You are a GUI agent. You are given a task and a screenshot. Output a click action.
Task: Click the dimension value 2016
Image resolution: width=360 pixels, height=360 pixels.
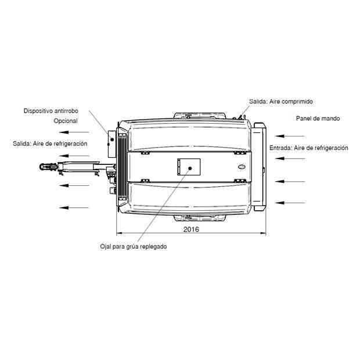point(191,229)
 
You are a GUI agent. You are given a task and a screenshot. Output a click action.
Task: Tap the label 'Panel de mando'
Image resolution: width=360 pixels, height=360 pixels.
point(318,118)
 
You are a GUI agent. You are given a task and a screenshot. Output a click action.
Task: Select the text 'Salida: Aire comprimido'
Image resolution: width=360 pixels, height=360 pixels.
point(281,102)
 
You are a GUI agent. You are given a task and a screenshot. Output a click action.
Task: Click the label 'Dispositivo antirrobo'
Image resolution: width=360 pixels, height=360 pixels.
point(51,111)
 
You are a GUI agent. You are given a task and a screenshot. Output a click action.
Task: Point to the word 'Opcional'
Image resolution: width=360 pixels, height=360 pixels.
point(66,121)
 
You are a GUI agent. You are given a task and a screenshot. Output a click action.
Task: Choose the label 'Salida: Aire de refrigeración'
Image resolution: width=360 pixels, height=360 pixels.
point(50,144)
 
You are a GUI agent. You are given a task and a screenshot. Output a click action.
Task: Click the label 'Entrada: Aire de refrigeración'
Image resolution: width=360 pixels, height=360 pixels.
point(309,148)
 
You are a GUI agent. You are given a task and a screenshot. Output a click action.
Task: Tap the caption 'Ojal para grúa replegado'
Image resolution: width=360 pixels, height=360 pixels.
point(134,247)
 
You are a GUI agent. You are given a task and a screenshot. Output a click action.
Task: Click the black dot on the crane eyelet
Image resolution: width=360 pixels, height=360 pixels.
point(190,168)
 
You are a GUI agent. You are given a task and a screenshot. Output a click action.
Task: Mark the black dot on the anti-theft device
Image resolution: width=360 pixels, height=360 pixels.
point(112,139)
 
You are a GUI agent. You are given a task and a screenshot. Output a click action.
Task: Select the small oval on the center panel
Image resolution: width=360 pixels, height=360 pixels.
point(242,167)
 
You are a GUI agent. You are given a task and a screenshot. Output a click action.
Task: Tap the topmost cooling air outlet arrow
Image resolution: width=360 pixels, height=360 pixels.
point(74,132)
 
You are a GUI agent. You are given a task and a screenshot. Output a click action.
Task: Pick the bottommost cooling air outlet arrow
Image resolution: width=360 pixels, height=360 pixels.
point(74,207)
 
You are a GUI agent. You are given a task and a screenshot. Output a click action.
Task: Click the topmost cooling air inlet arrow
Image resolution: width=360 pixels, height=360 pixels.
point(290,136)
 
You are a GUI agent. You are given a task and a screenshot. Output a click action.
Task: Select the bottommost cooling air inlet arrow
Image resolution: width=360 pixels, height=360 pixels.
point(290,203)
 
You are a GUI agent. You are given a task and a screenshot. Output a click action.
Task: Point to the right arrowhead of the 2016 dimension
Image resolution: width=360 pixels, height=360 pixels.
point(263,233)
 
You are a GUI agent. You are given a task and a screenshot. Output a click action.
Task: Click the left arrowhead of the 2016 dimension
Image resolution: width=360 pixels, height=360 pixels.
point(120,233)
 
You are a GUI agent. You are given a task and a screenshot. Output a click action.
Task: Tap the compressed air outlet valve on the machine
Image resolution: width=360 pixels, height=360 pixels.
point(240,117)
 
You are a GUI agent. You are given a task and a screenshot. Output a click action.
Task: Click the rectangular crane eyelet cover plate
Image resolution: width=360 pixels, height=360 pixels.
point(189,167)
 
